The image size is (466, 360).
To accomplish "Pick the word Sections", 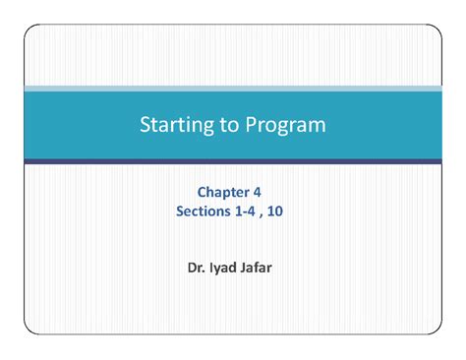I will point(202,211).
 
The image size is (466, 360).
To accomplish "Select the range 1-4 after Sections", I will point(242,211).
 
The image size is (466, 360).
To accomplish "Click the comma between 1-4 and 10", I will point(261,213).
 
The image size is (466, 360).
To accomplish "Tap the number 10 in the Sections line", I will point(276,211).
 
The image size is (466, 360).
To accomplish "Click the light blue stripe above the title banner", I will point(233,89).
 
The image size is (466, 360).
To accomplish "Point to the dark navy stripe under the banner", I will point(233,160).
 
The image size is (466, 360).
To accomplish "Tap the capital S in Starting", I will point(145,125).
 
